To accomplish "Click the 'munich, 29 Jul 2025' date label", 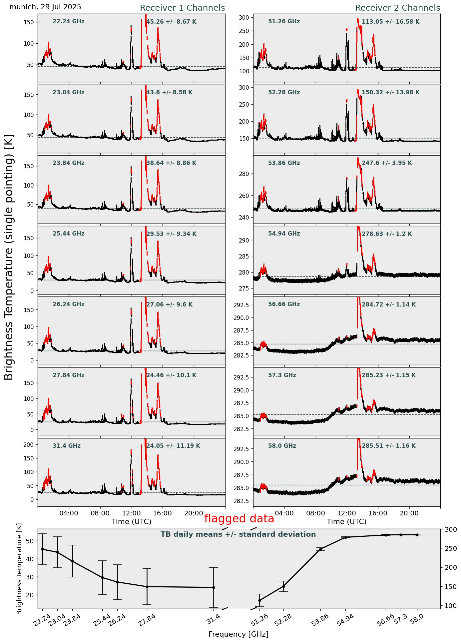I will (x=45, y=7).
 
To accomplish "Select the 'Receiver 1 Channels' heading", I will (x=182, y=8).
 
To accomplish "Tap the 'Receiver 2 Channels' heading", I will (x=397, y=8).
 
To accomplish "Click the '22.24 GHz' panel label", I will (x=69, y=22).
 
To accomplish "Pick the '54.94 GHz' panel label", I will (x=284, y=234).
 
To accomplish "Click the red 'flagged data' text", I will (x=239, y=519).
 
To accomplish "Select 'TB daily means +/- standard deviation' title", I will (x=238, y=534).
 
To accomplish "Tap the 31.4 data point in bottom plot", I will (x=214, y=587).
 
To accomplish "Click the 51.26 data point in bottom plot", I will (x=259, y=600).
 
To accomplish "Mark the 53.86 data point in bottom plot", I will (x=321, y=549).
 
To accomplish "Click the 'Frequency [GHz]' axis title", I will (x=238, y=634).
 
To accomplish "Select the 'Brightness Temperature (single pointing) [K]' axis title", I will (x=9, y=257).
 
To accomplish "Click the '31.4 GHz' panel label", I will (x=67, y=446).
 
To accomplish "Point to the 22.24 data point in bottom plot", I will (x=42, y=549).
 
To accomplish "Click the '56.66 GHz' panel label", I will (x=284, y=305).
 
